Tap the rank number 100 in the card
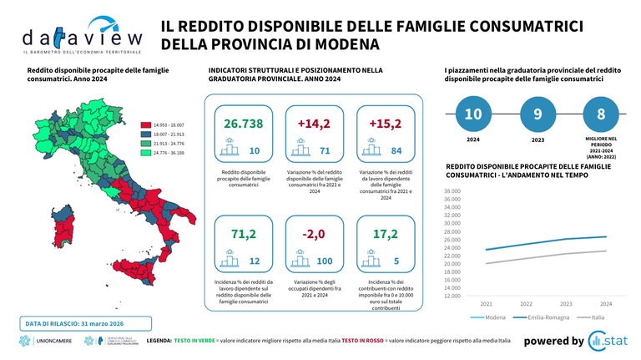(326, 262)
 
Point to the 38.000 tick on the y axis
(451, 190)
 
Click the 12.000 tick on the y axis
(451, 295)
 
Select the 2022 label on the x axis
(526, 304)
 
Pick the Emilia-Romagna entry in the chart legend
(550, 317)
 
